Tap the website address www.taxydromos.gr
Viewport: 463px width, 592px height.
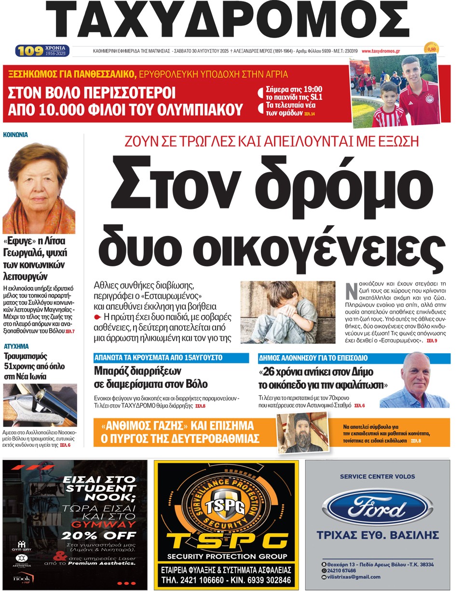[x=383, y=51]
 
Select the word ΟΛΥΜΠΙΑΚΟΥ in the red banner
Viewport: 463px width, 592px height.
[x=193, y=110]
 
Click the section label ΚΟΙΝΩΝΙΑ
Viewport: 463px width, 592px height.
[x=16, y=135]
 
